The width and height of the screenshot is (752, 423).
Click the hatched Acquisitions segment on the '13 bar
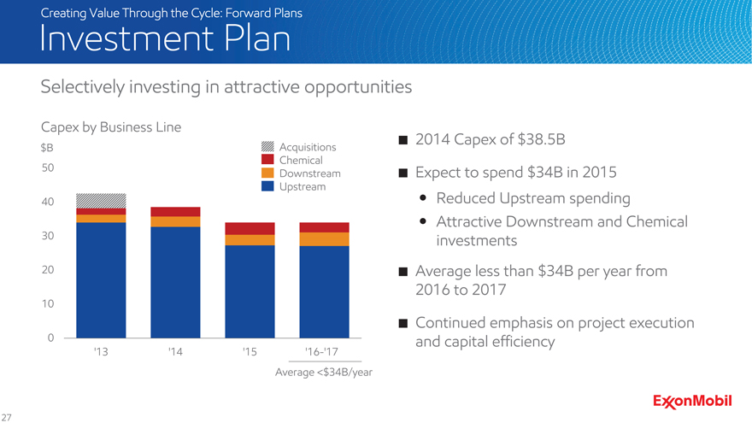point(101,201)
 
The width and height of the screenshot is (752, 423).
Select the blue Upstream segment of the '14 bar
point(175,282)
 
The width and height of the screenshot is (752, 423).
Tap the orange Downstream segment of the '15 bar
point(250,240)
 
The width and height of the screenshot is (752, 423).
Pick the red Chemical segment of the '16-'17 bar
point(324,227)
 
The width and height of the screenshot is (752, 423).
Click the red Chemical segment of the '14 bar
point(175,212)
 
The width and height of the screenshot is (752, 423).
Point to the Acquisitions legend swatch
point(267,147)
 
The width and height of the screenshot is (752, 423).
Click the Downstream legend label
point(309,173)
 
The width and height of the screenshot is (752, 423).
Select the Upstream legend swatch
point(267,186)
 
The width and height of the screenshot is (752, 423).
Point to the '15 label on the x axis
point(250,351)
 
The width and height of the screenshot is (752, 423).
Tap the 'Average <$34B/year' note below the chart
point(323,373)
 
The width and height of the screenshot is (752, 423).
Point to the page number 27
point(7,417)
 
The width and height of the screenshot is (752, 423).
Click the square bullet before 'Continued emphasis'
point(402,324)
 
